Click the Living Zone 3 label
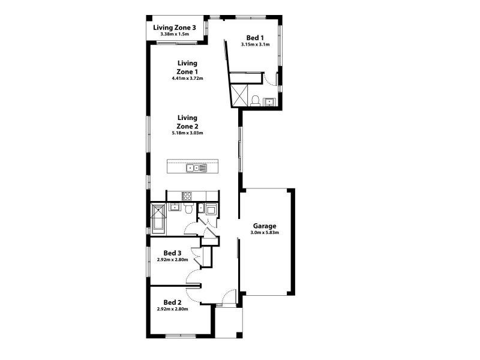(x=175, y=28)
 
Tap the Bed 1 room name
(x=255, y=38)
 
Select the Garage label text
(x=265, y=226)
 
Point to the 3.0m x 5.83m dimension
(x=265, y=233)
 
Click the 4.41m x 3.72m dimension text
(x=187, y=79)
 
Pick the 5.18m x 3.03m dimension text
(x=187, y=133)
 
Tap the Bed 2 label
(x=172, y=302)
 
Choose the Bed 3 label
(x=172, y=253)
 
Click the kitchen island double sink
(x=196, y=168)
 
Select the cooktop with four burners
(x=187, y=196)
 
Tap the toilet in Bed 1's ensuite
(x=255, y=101)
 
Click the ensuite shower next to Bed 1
(x=239, y=95)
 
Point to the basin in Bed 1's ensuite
(x=269, y=101)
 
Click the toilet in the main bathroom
(x=189, y=208)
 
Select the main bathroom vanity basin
(x=174, y=207)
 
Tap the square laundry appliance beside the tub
(x=211, y=209)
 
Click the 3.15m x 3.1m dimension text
(x=255, y=44)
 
